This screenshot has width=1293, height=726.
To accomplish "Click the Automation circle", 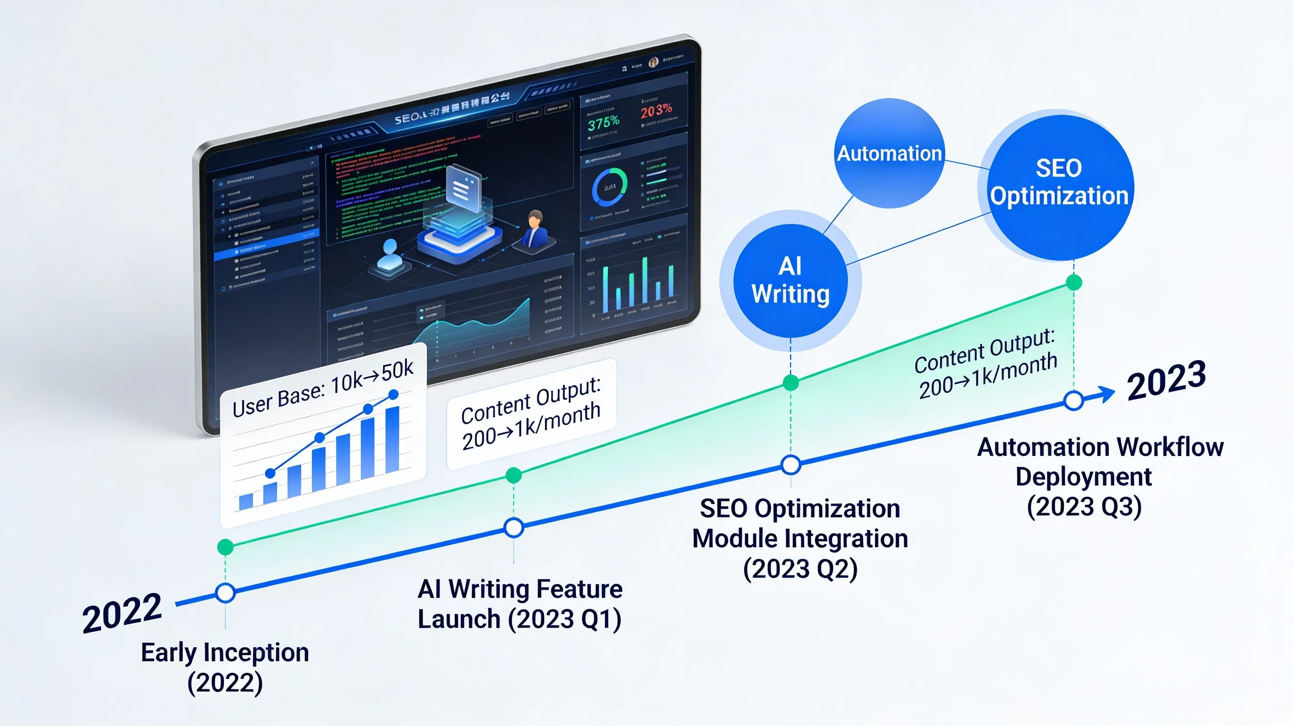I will click(x=889, y=153).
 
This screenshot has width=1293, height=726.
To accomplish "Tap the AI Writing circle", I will click(x=790, y=280).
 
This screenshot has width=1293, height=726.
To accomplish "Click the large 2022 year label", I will click(x=122, y=612).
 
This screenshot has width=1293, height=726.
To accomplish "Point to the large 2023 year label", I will click(x=1166, y=380).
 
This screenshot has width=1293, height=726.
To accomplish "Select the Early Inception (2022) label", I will click(x=225, y=667).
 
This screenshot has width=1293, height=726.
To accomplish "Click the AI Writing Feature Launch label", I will click(x=520, y=603).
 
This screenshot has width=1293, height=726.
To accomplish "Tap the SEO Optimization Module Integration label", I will click(x=800, y=538).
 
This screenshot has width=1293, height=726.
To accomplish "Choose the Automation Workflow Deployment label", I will click(x=1099, y=476).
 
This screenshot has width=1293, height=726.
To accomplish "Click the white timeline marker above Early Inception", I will click(x=225, y=593).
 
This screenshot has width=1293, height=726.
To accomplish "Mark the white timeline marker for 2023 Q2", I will click(x=791, y=465).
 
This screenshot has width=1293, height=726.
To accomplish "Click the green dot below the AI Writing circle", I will click(x=791, y=383).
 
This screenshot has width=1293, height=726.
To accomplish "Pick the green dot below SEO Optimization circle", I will click(x=1074, y=283).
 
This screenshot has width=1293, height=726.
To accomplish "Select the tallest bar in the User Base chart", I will click(x=392, y=440).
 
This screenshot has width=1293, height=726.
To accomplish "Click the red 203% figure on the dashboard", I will click(x=656, y=110).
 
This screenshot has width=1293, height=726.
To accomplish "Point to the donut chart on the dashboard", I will click(x=609, y=187).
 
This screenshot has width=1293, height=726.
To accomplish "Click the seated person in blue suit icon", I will click(x=536, y=230).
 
